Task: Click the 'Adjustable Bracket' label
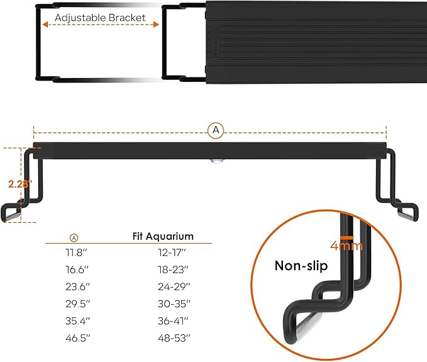[100, 18]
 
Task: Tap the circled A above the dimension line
[215, 130]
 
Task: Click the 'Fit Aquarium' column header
[163, 237]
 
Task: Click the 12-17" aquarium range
[173, 252]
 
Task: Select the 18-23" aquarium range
[173, 269]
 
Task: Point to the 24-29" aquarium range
[173, 286]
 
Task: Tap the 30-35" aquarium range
[173, 302]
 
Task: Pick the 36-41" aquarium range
[173, 319]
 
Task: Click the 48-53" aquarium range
[173, 336]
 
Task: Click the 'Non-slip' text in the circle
[301, 266]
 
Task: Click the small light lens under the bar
[216, 162]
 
